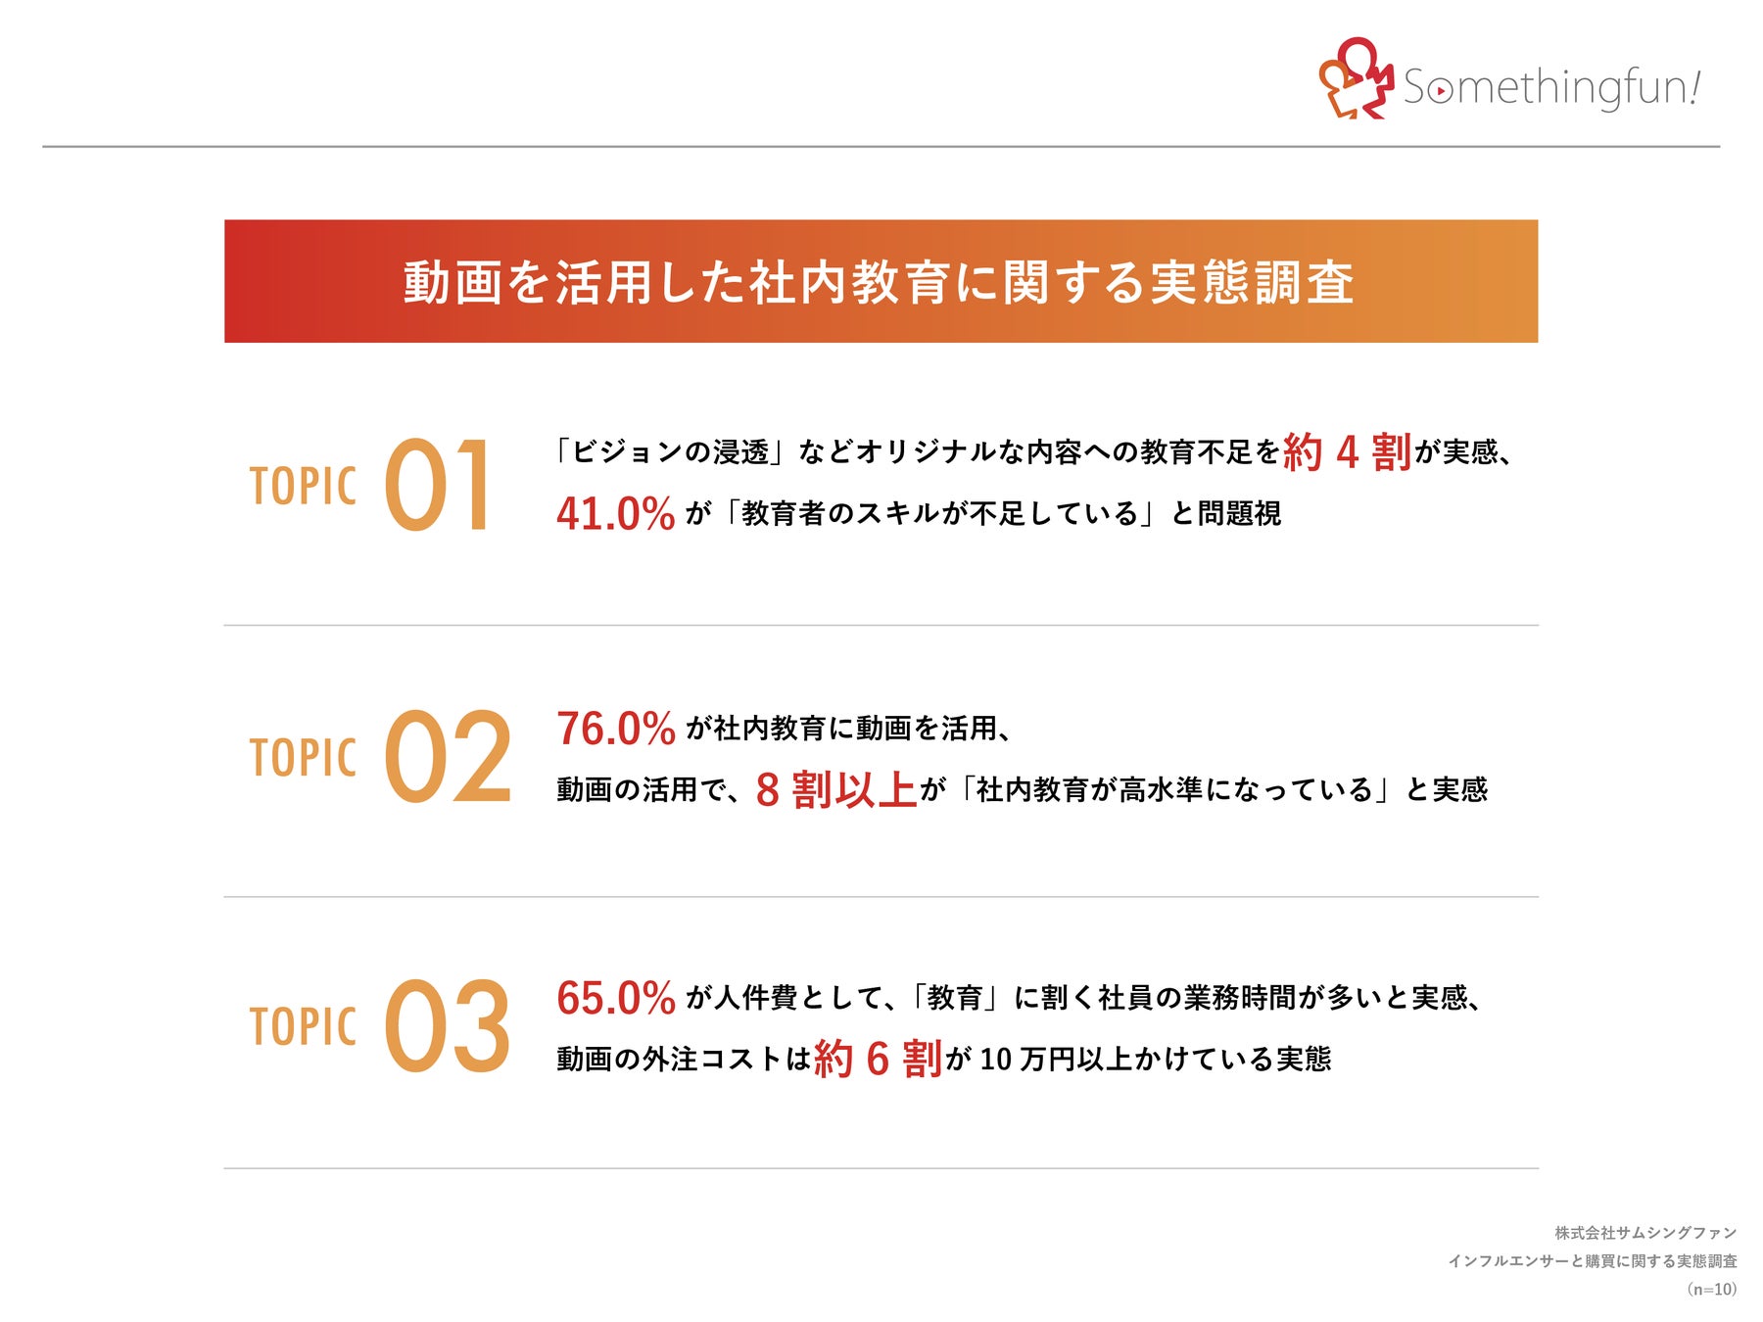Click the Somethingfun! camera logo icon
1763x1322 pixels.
coord(1356,78)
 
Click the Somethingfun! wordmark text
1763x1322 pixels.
coord(1551,87)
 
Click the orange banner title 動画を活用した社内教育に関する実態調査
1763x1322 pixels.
coord(879,282)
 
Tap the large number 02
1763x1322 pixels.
coord(448,757)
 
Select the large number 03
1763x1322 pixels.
coord(448,1026)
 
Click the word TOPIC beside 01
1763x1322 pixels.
coord(303,487)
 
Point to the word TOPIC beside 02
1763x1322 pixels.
coord(303,758)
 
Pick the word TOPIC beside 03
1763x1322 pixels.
coord(303,1027)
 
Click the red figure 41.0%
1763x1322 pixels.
coord(616,514)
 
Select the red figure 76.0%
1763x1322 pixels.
coord(616,729)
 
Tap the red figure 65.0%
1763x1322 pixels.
coord(616,999)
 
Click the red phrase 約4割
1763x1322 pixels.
coord(1347,452)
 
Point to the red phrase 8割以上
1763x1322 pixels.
coord(835,790)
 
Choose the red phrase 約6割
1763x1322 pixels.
coord(878,1060)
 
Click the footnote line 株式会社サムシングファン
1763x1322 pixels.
coord(1645,1233)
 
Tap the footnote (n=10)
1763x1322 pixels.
coord(1712,1289)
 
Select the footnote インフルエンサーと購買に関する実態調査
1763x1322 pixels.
coord(1593,1261)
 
